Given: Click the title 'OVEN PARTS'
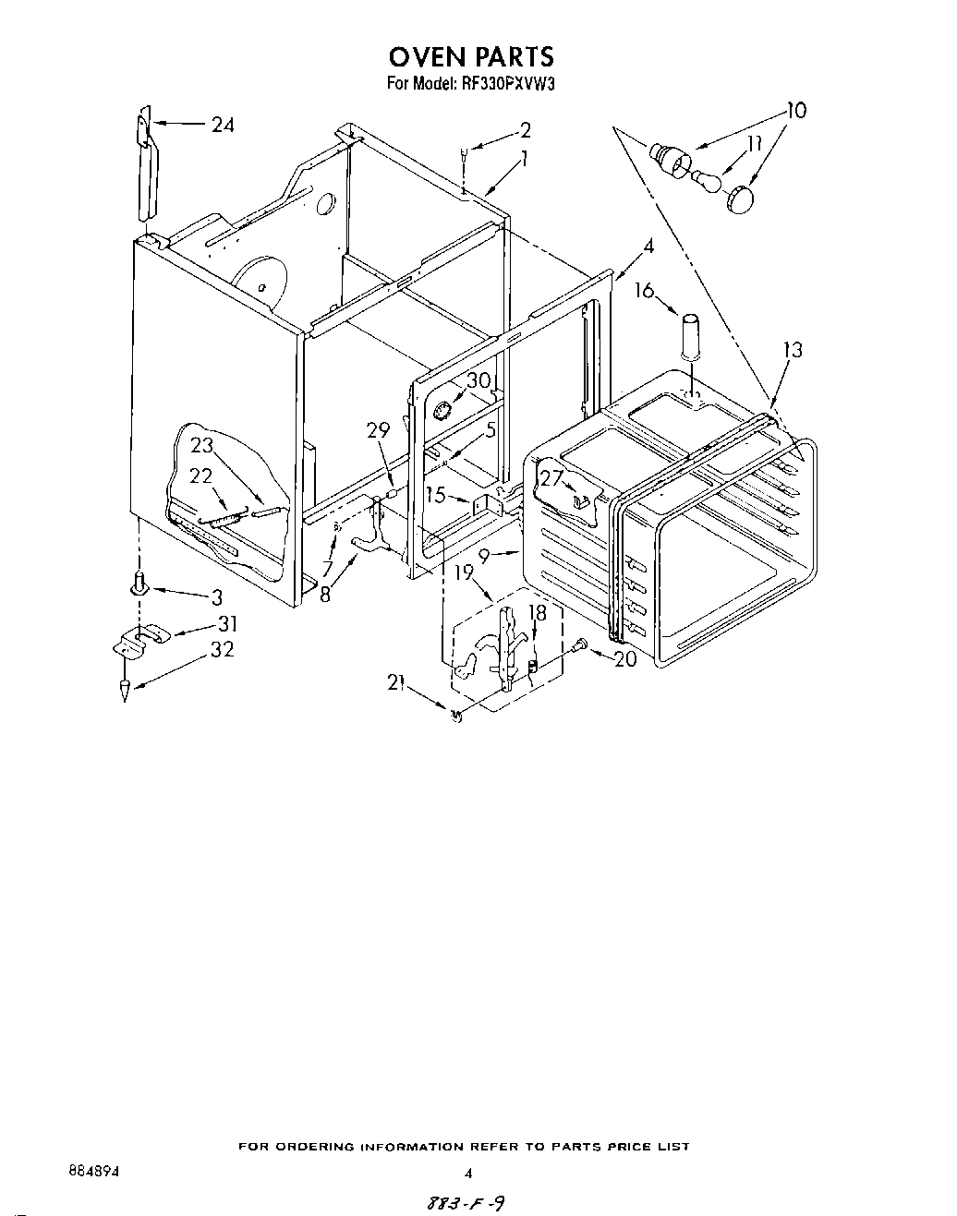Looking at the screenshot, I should [471, 56].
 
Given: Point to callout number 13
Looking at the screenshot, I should [793, 350].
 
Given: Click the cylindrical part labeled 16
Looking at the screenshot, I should [690, 337].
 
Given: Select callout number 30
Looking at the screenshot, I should [478, 380].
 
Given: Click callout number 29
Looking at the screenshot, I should [378, 429].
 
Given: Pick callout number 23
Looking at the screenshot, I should [201, 444].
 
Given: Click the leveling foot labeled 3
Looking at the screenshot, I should [139, 584].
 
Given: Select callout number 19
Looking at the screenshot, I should [464, 573].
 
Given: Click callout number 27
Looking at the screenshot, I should [551, 477].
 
